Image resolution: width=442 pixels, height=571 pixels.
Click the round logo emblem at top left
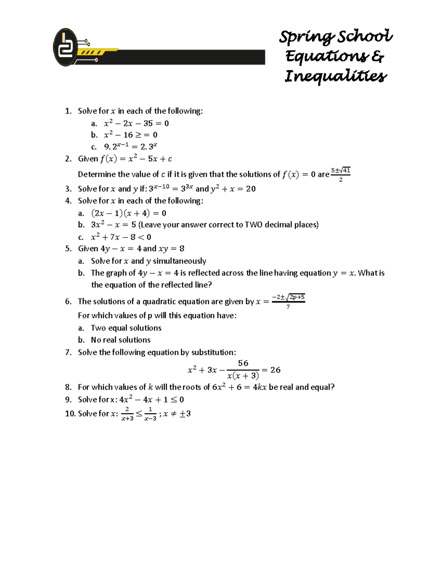[x=66, y=47]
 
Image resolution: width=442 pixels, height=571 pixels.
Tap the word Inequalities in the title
[x=336, y=76]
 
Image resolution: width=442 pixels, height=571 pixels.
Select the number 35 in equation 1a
[x=148, y=124]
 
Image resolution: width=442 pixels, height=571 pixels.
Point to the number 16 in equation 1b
[x=128, y=135]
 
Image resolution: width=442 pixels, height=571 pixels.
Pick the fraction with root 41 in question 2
[x=341, y=174]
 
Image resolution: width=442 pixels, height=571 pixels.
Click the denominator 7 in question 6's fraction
[x=288, y=307]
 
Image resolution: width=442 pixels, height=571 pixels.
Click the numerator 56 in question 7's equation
[x=243, y=363]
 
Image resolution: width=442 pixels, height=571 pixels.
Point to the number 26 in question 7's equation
[x=276, y=370]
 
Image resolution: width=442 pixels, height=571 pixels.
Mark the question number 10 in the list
[x=70, y=414]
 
